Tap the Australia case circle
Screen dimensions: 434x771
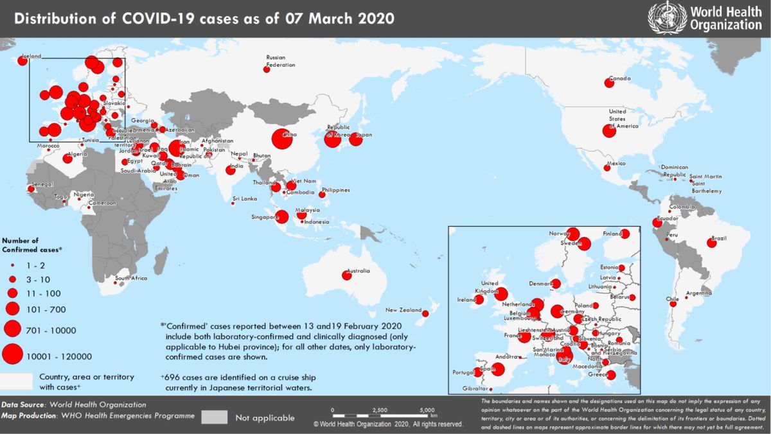[347, 275]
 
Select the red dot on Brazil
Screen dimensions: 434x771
[711, 243]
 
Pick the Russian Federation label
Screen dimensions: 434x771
[281, 62]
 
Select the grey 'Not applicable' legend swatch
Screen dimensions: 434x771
[214, 417]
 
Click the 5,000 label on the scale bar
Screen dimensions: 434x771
[427, 410]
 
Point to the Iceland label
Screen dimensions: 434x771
[32, 56]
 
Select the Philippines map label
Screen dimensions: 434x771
[336, 190]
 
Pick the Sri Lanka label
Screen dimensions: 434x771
[245, 198]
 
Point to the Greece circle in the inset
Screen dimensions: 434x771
[611, 375]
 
